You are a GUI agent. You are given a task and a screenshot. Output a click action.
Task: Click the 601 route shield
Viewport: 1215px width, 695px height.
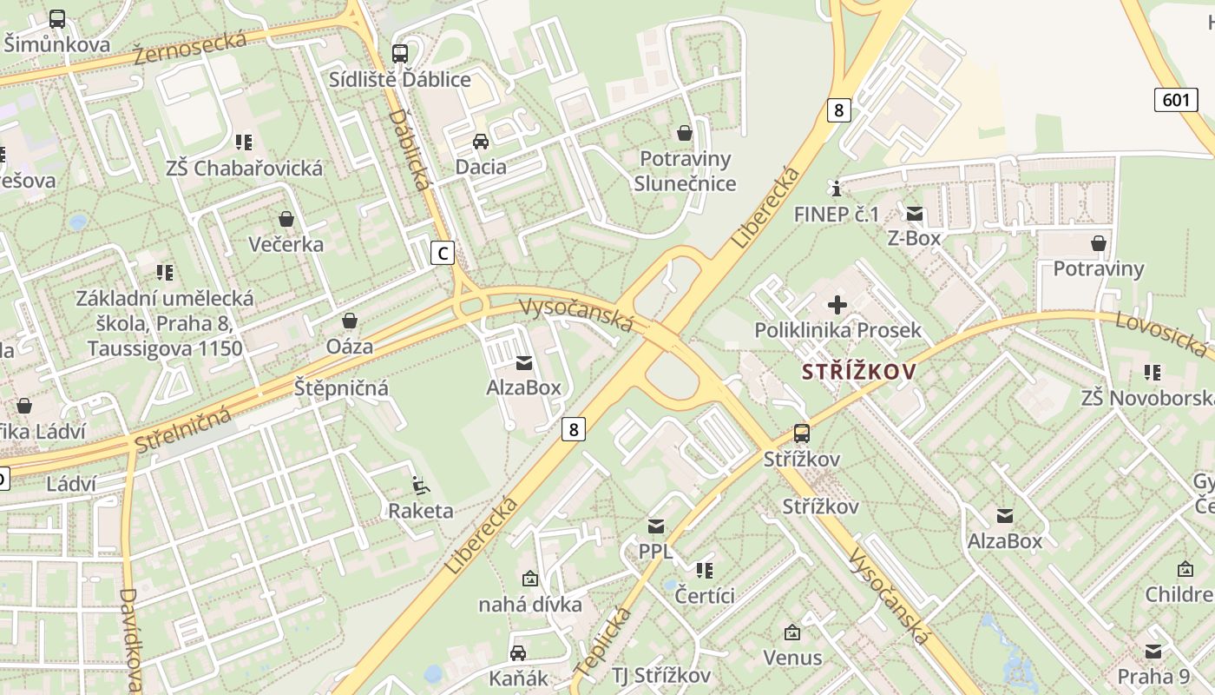point(1176,100)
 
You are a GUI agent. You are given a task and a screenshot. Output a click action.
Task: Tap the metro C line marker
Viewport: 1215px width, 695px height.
point(443,253)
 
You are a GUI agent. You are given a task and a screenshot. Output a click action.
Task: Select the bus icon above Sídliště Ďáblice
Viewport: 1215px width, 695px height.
point(400,54)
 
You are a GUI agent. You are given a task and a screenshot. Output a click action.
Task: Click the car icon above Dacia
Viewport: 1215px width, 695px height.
point(480,142)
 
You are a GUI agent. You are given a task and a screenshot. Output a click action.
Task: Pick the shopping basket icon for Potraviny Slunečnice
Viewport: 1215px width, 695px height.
point(685,133)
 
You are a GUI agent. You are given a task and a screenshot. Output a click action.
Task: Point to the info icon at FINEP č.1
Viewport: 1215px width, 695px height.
point(836,189)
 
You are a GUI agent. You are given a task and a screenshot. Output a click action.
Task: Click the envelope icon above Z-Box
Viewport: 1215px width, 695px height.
point(915,213)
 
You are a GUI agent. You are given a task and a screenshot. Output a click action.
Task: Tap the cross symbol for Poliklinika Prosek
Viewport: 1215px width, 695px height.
point(837,305)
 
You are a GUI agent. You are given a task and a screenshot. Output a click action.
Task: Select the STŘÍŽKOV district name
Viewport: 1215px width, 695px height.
point(858,372)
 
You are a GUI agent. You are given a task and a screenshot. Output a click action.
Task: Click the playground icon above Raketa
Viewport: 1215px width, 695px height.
point(420,485)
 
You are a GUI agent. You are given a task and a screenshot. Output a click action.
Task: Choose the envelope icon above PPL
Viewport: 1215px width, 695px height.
point(655,526)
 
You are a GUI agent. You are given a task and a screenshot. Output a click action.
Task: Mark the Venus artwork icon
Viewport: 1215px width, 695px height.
point(791,632)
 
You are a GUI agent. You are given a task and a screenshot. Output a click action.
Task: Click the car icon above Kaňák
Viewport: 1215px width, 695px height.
point(518,652)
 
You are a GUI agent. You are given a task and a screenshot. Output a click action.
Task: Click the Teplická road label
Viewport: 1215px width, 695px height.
point(602,643)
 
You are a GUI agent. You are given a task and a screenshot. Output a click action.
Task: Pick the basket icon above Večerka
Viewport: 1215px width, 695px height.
point(286,219)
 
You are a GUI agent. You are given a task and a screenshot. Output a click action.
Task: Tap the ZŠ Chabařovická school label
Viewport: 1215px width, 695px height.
point(245,168)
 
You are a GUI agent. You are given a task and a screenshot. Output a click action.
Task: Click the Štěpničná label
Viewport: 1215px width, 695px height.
point(341,387)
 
